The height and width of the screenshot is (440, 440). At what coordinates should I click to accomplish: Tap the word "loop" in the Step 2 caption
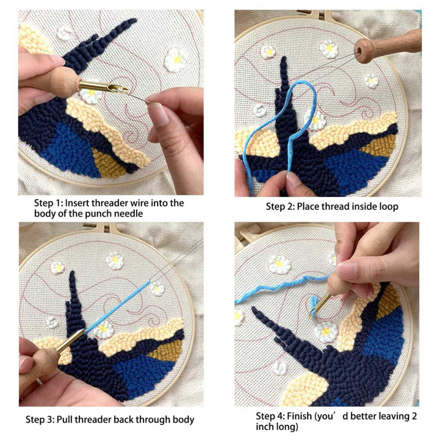pyautogui.click(x=388, y=207)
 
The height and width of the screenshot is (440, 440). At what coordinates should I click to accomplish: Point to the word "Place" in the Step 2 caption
pyautogui.click(x=308, y=207)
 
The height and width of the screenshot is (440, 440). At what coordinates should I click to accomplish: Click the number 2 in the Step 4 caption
pyautogui.click(x=414, y=416)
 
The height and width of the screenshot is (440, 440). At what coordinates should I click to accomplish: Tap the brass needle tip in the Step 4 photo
pyautogui.click(x=310, y=318)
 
